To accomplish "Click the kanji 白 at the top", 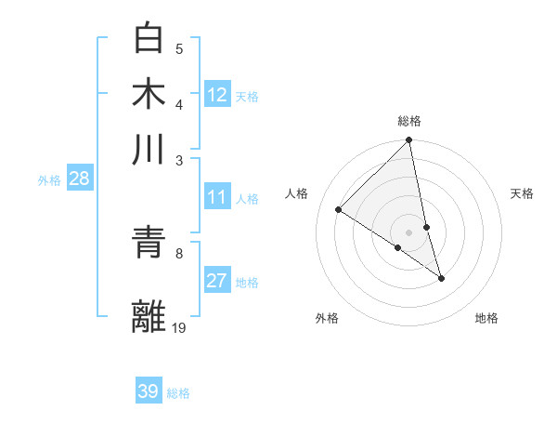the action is point(150,38).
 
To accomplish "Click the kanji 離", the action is point(150,315).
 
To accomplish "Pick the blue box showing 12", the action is point(217,95).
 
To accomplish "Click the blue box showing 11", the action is point(217,197).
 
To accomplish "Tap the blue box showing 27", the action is point(217,282).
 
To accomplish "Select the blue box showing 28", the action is point(79,179).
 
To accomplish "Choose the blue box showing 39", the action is point(149,391).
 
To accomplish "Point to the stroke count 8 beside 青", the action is point(178,252).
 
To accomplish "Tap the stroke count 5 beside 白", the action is point(179,48).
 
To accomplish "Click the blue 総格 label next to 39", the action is point(178,393).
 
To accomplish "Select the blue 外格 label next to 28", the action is point(49,180).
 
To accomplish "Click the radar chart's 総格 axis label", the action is point(409,121).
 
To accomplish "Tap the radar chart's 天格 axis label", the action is point(523,193).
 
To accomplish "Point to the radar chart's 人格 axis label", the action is point(297,193).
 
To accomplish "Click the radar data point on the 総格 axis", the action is point(409,141).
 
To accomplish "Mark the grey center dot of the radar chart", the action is point(409,232).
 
